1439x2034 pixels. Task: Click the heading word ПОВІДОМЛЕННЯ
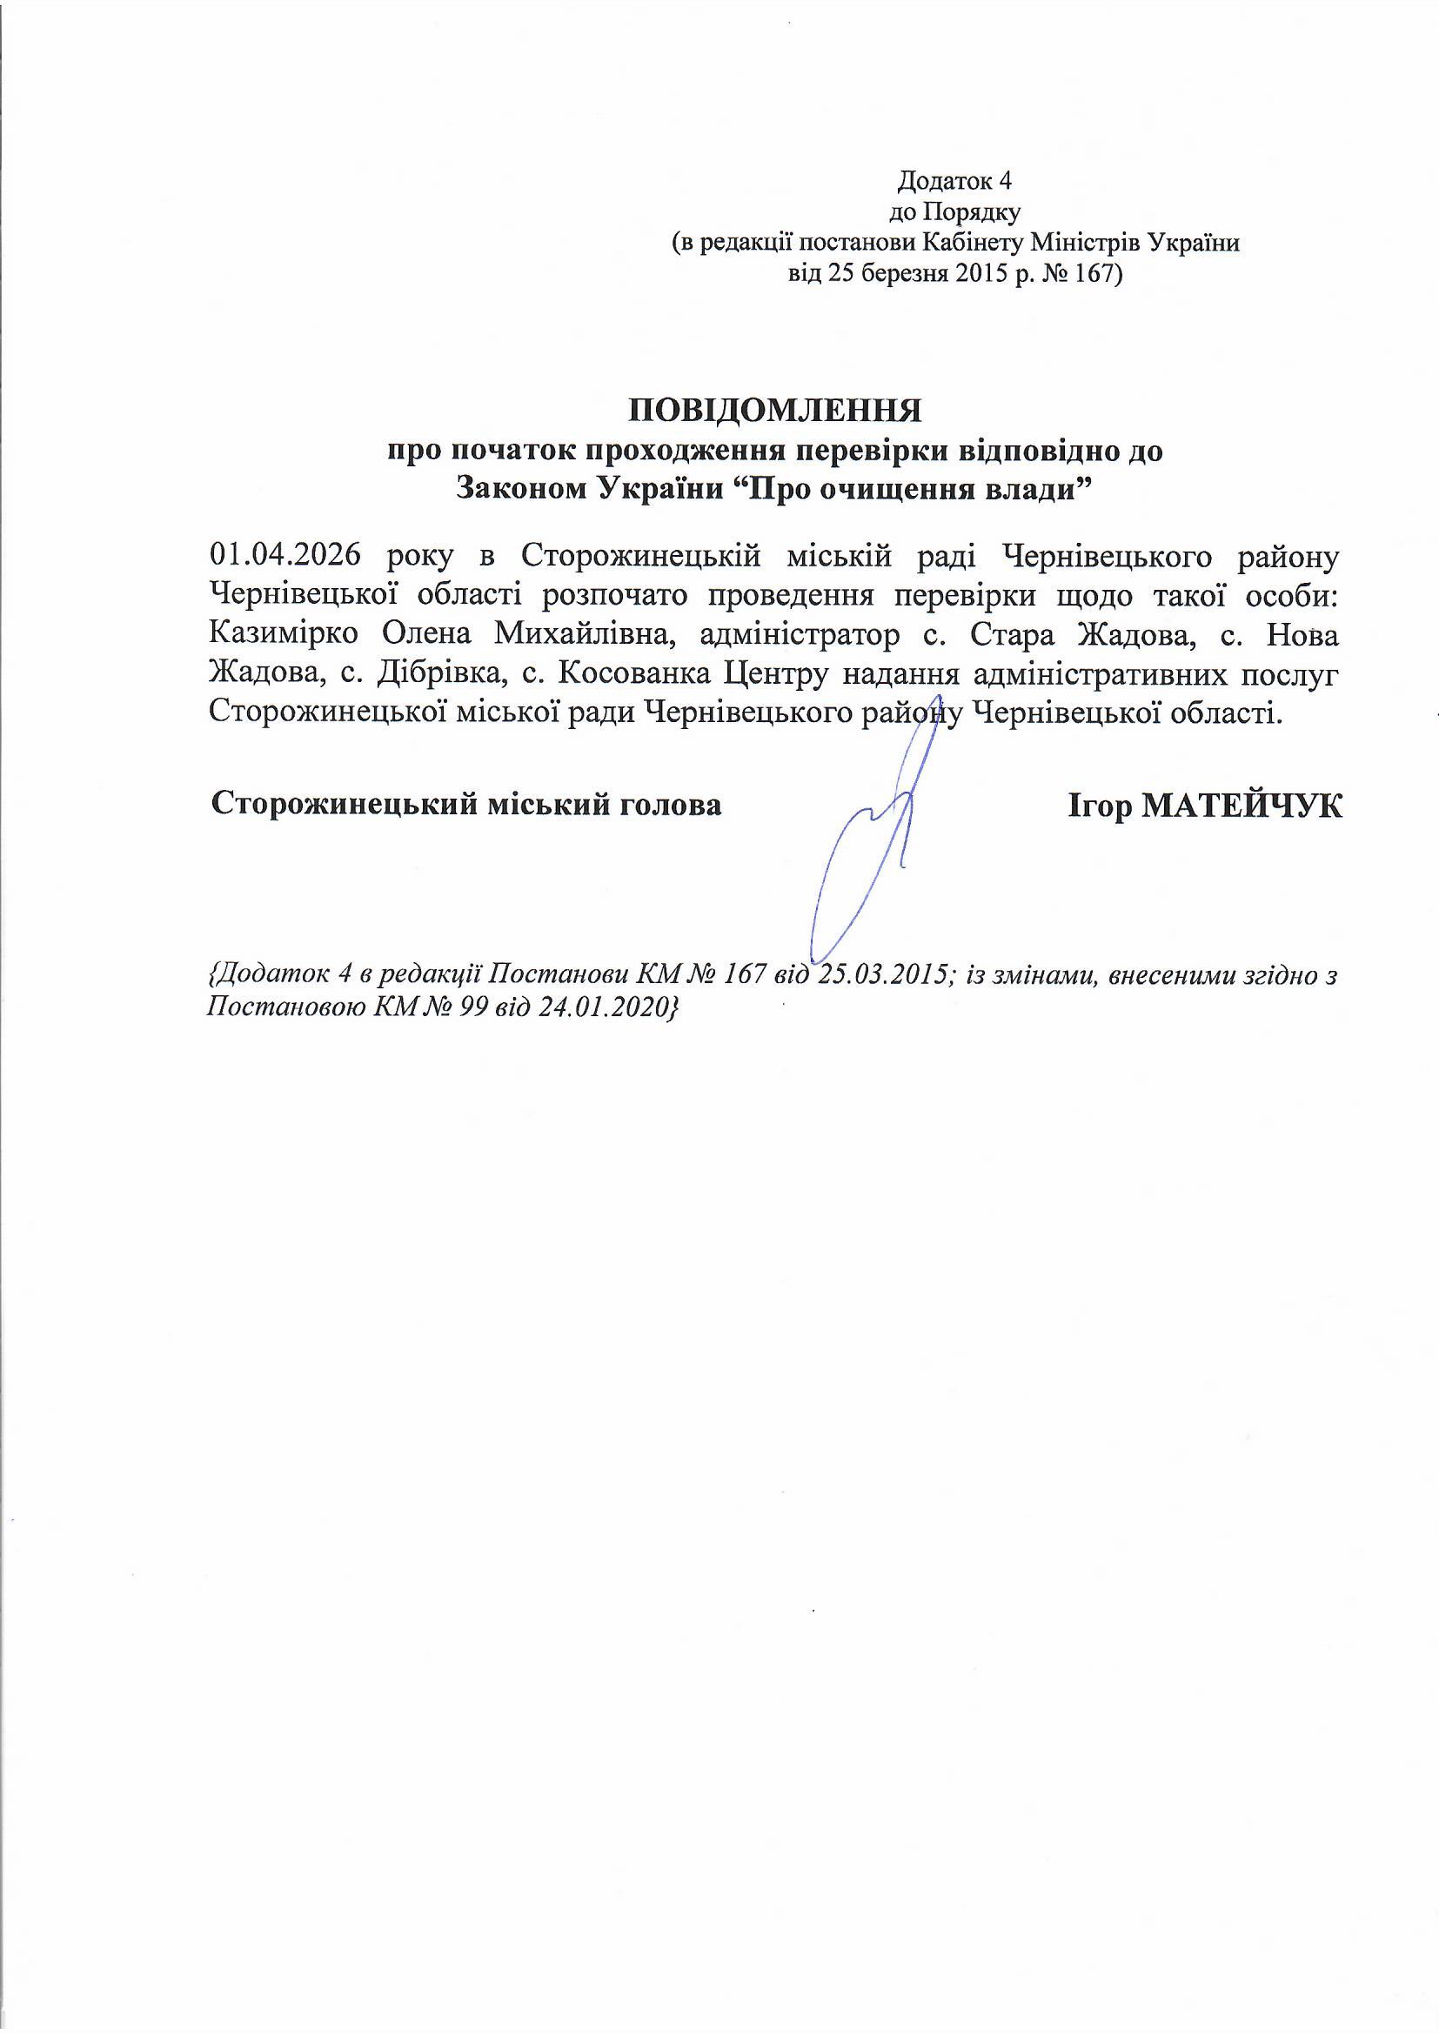coord(775,412)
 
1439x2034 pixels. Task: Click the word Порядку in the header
coord(973,212)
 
